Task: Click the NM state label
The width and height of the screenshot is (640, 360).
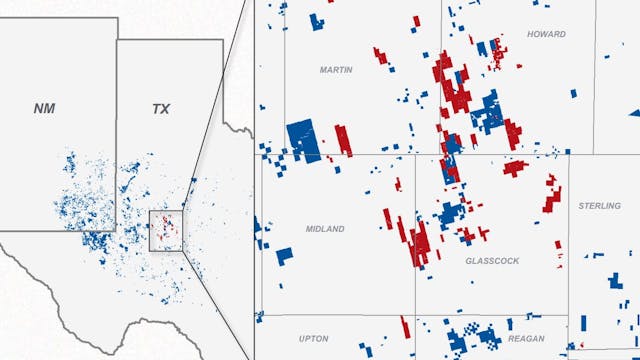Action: pyautogui.click(x=44, y=108)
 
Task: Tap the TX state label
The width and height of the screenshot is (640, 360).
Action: pyautogui.click(x=160, y=108)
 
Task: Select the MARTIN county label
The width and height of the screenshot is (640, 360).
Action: pyautogui.click(x=336, y=70)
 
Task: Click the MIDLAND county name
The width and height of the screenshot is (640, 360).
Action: pyautogui.click(x=325, y=229)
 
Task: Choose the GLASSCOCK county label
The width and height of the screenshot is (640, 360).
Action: pyautogui.click(x=492, y=260)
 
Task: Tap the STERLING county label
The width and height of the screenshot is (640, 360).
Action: pyautogui.click(x=599, y=205)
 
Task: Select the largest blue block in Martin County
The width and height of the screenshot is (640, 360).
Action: pyautogui.click(x=303, y=140)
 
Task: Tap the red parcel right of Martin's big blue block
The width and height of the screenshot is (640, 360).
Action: pyautogui.click(x=343, y=139)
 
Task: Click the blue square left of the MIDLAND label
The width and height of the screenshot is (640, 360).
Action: pyautogui.click(x=285, y=255)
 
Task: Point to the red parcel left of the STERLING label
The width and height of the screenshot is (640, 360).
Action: pyautogui.click(x=552, y=194)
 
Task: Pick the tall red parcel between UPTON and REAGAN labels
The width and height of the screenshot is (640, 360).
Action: pyautogui.click(x=405, y=328)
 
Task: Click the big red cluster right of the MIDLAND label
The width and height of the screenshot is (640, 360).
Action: pyautogui.click(x=419, y=241)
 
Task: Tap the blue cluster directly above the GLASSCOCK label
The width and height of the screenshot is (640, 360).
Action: pyautogui.click(x=451, y=213)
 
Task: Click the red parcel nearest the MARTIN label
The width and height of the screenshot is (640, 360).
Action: pyautogui.click(x=380, y=56)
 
